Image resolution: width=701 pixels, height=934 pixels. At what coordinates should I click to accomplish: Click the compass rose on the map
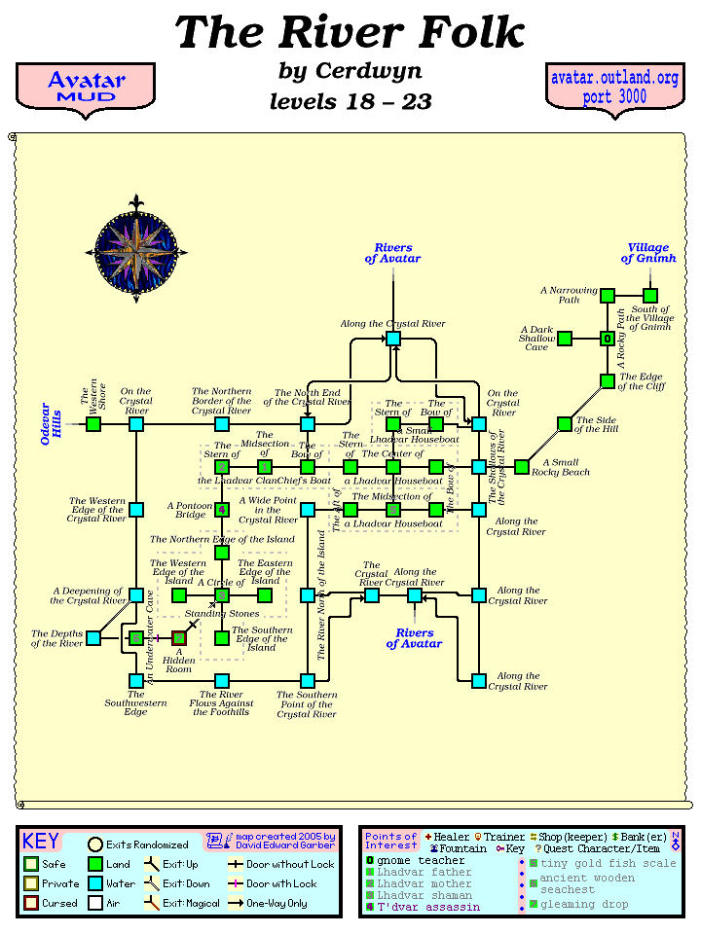(x=140, y=248)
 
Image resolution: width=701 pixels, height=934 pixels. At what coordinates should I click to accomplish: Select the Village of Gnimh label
(x=647, y=253)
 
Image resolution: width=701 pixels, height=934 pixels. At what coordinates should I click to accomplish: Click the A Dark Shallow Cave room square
(x=565, y=339)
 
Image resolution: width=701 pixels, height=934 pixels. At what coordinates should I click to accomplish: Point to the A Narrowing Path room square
(x=608, y=296)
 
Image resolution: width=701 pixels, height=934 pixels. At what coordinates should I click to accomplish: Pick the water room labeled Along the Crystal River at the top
(x=393, y=339)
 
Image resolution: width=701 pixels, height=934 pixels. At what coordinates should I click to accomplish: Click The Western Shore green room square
(x=93, y=424)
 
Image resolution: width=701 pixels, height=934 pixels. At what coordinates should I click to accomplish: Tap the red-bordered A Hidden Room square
(x=179, y=638)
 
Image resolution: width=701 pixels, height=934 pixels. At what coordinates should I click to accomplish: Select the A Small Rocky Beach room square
(x=522, y=467)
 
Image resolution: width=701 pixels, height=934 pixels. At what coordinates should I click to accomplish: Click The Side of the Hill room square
(x=565, y=424)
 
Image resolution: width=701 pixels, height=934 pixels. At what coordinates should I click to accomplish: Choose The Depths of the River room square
(x=93, y=638)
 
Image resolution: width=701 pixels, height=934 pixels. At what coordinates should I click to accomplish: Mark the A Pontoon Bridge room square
(x=222, y=509)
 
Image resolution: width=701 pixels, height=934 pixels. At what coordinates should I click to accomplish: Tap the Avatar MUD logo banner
(x=86, y=88)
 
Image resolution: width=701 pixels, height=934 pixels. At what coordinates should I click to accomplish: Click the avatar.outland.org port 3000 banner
(x=614, y=88)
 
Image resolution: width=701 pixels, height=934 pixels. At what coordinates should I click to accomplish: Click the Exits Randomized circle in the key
(x=95, y=844)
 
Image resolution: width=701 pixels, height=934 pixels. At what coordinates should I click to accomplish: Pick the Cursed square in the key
(x=32, y=904)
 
